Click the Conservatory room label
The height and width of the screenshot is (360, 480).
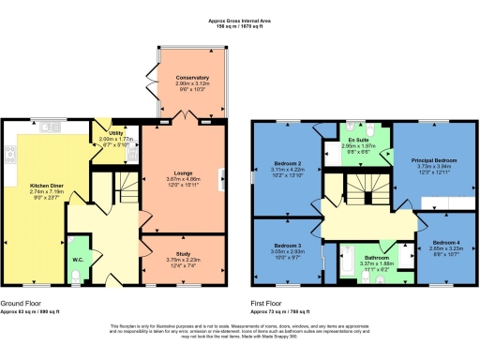coord(191,78)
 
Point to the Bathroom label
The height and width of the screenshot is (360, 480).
coord(377,256)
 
